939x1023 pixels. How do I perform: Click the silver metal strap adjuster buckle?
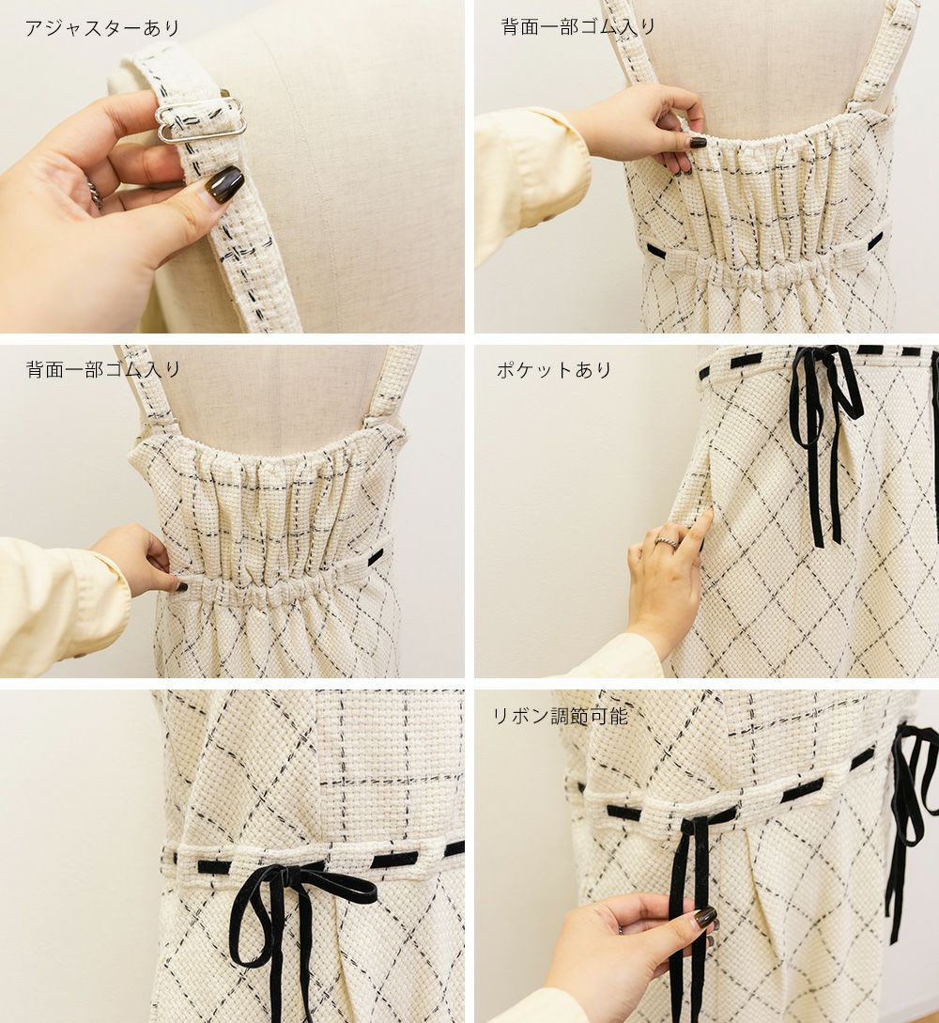coord(201,122)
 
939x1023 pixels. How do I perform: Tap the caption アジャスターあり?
coord(101,28)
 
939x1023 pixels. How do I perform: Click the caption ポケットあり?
coord(554,370)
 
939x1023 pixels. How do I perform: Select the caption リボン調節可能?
coord(561,716)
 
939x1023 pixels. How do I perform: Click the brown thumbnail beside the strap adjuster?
coord(223,182)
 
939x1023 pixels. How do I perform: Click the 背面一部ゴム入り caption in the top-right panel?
coord(577,26)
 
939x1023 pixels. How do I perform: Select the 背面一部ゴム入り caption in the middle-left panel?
coord(103,369)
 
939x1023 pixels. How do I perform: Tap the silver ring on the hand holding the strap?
coord(95,194)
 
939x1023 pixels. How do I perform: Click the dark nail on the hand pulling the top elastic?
coord(698,142)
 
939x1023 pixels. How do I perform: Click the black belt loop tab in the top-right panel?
coord(659,250)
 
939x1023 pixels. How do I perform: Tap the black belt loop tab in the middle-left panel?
coord(376,556)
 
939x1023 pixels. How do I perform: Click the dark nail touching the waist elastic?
coord(182,586)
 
